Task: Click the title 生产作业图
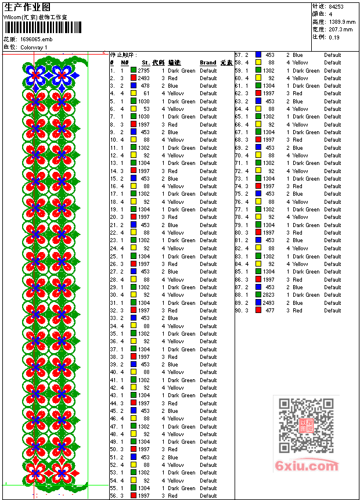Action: coord(27,7)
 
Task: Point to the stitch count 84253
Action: coord(336,6)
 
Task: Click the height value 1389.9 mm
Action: coord(341,21)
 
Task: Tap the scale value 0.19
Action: coord(334,37)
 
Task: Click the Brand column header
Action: coord(208,63)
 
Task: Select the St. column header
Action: coord(146,63)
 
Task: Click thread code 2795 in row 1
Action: coord(143,70)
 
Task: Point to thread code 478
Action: coord(145,86)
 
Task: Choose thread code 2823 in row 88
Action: coord(268,295)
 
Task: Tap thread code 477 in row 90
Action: coord(270,311)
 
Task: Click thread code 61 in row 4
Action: coord(146,93)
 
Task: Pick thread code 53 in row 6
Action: coord(146,109)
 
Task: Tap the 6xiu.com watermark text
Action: coord(307,466)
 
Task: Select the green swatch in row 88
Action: coord(258,295)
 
